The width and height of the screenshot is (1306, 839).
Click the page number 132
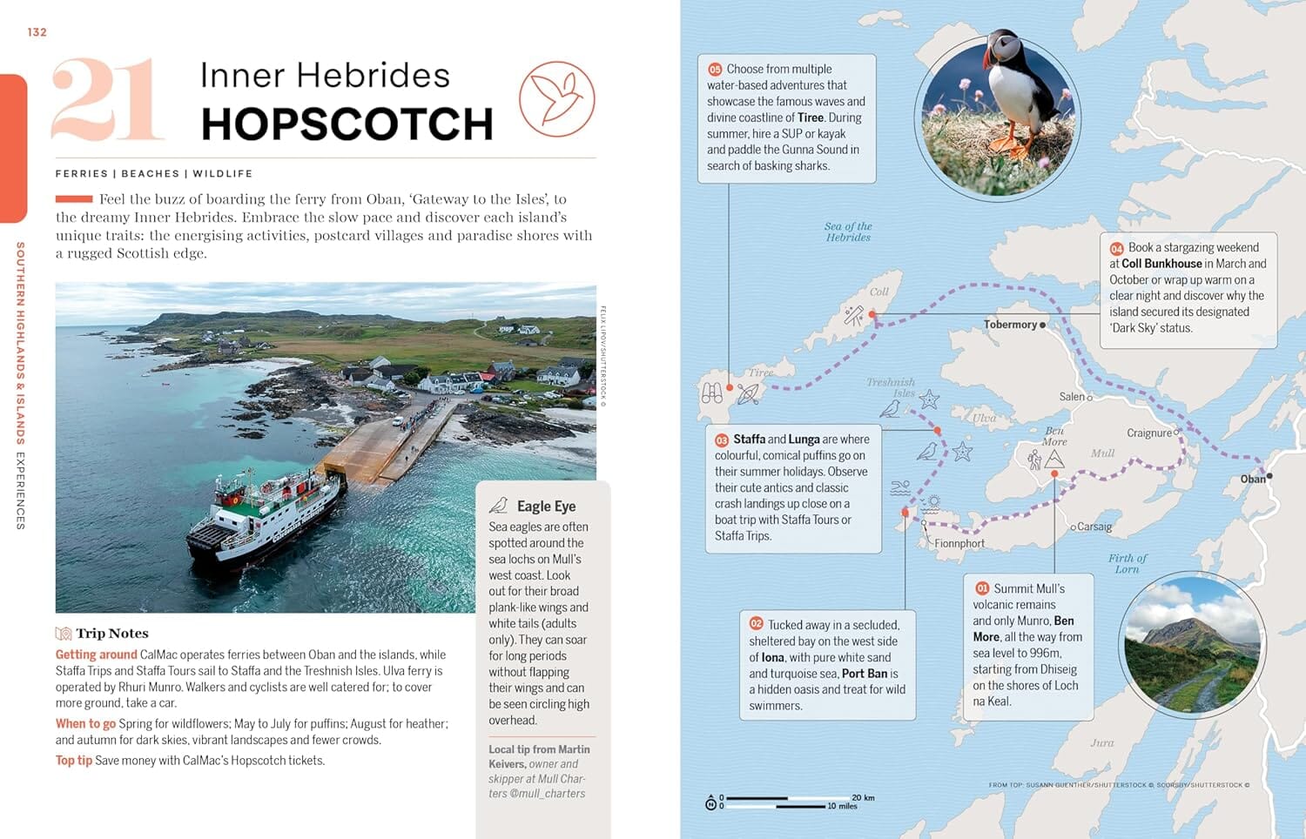tap(37, 32)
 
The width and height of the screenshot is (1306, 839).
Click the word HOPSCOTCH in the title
tap(347, 124)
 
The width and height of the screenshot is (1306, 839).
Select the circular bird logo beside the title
tap(557, 98)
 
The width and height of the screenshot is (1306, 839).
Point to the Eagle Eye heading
tap(546, 507)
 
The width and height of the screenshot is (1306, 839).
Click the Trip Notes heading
tap(111, 634)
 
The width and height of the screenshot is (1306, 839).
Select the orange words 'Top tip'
tap(74, 761)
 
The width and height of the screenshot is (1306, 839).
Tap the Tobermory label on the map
tap(1010, 325)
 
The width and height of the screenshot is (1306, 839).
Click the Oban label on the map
tap(1252, 480)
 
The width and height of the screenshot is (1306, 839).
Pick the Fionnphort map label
tap(959, 544)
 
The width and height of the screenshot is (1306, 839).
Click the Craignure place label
tap(1148, 433)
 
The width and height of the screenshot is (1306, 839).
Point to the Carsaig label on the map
tap(1094, 527)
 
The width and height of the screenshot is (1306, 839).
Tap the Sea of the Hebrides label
tap(848, 232)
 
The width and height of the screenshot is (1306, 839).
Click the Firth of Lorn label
tap(1128, 564)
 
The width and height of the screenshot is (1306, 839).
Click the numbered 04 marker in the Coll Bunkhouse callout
tap(1116, 248)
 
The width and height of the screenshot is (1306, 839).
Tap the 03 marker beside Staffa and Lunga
tap(722, 440)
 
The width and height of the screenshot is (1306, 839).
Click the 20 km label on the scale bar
tap(863, 797)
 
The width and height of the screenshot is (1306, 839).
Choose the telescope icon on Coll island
tap(853, 316)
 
